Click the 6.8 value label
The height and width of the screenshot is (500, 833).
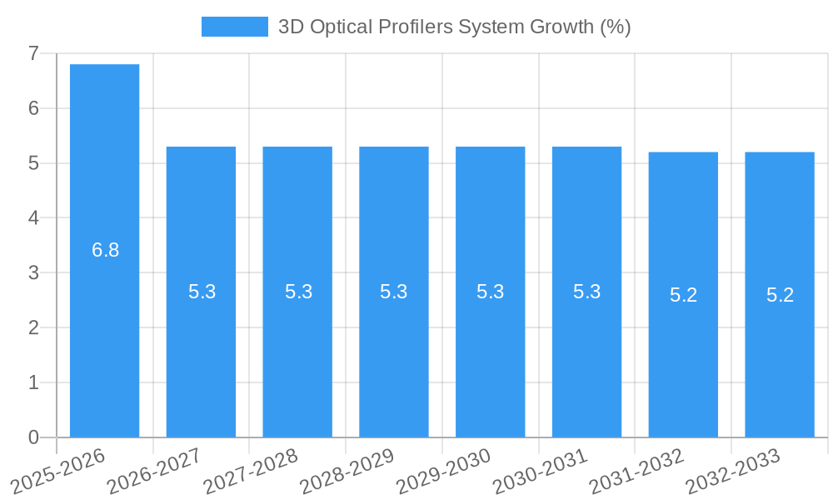click(106, 250)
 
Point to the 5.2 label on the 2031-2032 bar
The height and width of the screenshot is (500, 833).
click(683, 295)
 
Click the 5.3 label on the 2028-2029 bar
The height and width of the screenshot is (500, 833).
click(394, 292)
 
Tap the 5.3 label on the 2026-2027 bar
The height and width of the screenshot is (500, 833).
click(202, 292)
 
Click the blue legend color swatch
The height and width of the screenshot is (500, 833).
click(234, 27)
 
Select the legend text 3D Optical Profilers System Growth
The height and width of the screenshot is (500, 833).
click(454, 27)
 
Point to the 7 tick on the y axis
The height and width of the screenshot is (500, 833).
click(33, 53)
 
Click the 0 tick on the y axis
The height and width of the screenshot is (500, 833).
click(33, 437)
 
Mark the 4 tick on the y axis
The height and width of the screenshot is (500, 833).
click(33, 218)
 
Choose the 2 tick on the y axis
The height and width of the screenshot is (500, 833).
click(33, 327)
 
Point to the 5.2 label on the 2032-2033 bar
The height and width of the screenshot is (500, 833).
click(780, 295)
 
